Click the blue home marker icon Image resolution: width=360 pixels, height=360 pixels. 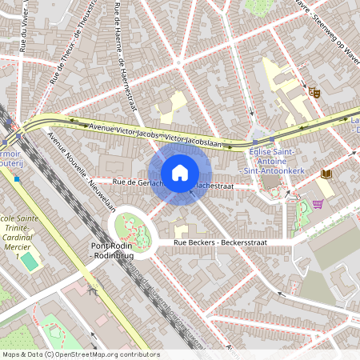click(x=180, y=173)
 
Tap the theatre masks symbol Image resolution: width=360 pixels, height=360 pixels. click(x=314, y=91)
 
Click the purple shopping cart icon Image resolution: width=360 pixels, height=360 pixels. click(x=318, y=204)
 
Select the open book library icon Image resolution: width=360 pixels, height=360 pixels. click(x=325, y=173)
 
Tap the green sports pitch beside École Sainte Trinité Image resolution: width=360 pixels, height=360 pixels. click(x=29, y=262)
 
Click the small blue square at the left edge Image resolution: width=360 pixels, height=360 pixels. click(x=16, y=178)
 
